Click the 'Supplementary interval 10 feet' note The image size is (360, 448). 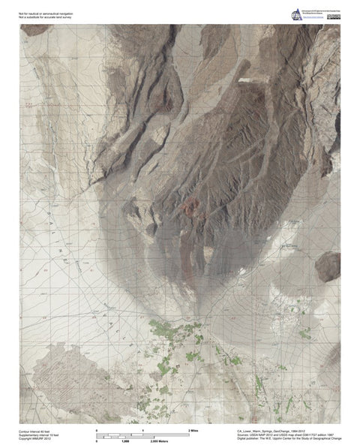pos(40,434)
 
